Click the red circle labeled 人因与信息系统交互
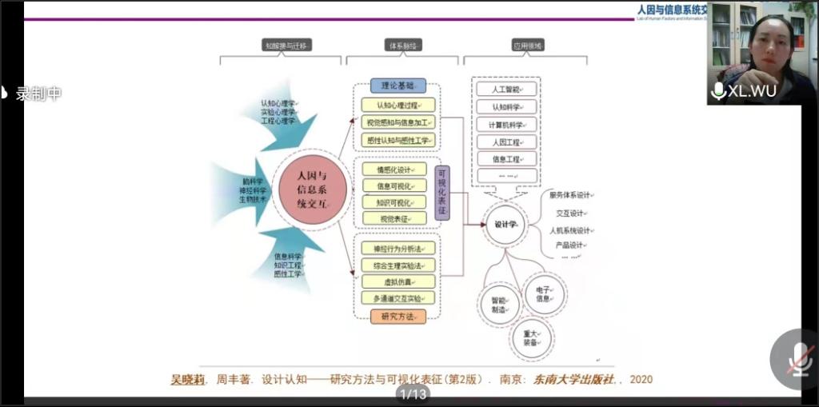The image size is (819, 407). click(311, 190)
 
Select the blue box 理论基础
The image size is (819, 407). click(398, 85)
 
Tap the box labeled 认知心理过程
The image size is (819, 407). click(398, 104)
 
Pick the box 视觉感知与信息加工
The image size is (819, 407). click(398, 122)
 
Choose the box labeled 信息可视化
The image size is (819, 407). click(398, 186)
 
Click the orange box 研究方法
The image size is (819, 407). click(398, 316)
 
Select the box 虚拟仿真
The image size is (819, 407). click(398, 281)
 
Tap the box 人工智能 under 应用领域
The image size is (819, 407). click(505, 89)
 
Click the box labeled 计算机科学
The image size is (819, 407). click(505, 125)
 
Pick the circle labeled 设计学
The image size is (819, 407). click(506, 225)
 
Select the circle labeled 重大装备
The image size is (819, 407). click(530, 337)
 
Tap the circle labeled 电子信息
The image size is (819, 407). click(543, 293)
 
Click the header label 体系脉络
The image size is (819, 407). click(402, 46)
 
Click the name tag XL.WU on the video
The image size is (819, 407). click(744, 91)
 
